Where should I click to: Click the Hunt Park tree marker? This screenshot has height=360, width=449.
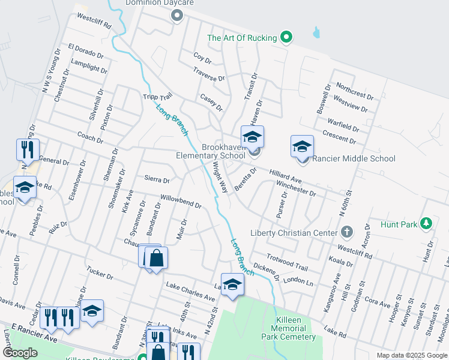pyautogui.click(x=427, y=224)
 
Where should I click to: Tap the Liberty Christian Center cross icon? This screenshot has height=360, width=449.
pyautogui.click(x=346, y=232)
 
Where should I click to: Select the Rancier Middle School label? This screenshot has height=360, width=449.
pyautogui.click(x=354, y=158)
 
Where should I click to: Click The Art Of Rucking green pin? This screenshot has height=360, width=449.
pyautogui.click(x=287, y=37)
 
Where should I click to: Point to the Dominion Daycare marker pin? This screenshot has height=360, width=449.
pyautogui.click(x=176, y=16)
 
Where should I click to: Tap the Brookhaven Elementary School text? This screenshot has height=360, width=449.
pyautogui.click(x=224, y=151)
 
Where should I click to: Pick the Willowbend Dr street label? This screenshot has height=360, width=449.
pyautogui.click(x=180, y=201)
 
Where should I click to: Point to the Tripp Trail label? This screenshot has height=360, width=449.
pyautogui.click(x=158, y=97)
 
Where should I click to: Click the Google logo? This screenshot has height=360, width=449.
pyautogui.click(x=20, y=353)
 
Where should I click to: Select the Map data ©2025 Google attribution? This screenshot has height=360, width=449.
pyautogui.click(x=411, y=355)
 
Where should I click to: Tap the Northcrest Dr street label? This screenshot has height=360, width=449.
pyautogui.click(x=355, y=91)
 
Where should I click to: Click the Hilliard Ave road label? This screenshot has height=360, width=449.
pyautogui.click(x=285, y=175)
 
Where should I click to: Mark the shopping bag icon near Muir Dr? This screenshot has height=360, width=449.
pyautogui.click(x=156, y=259)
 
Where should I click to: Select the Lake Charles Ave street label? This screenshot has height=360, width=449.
pyautogui.click(x=190, y=292)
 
